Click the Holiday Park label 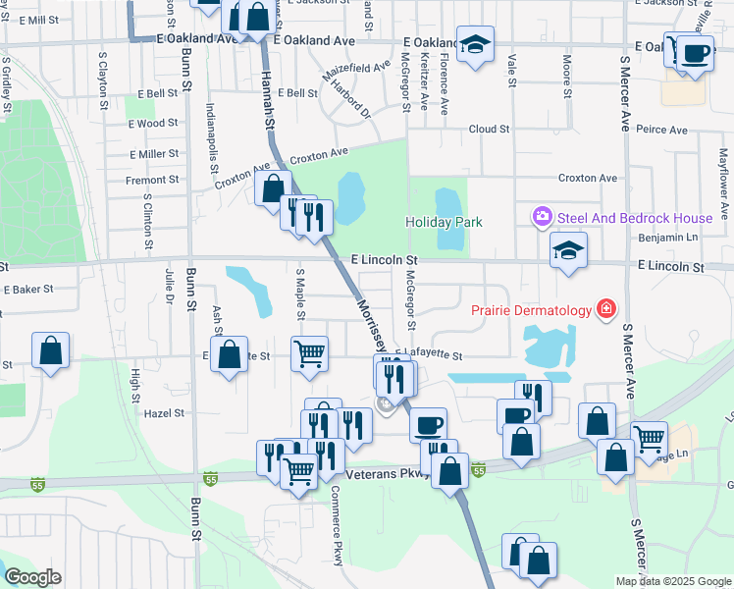pyautogui.click(x=444, y=222)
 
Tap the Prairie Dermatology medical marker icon pyautogui.click(x=606, y=310)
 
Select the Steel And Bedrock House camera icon pyautogui.click(x=541, y=216)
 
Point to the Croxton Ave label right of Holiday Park pyautogui.click(x=587, y=178)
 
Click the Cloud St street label pyautogui.click(x=489, y=129)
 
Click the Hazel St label pyautogui.click(x=164, y=413)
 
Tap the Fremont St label pyautogui.click(x=152, y=180)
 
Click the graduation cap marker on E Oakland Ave pyautogui.click(x=475, y=44)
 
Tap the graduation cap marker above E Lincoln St pyautogui.click(x=568, y=250)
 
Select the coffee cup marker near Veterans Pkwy pyautogui.click(x=428, y=425)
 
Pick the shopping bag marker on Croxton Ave pyautogui.click(x=274, y=187)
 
